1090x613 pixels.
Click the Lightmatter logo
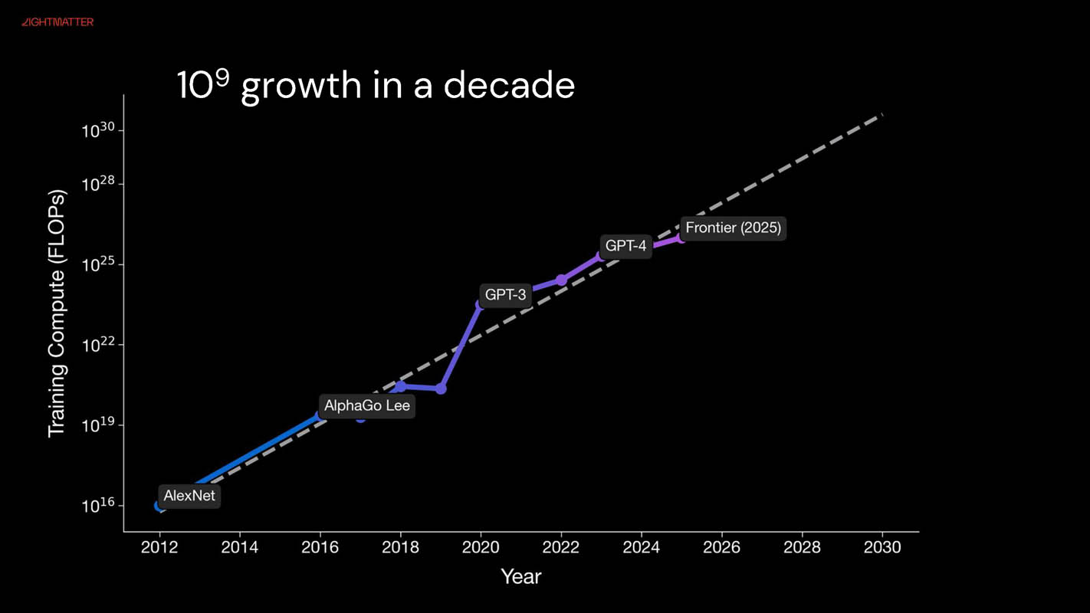[x=57, y=22]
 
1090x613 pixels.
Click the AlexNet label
[x=189, y=496]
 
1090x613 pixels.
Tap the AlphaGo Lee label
[x=367, y=405]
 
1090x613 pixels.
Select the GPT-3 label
[x=506, y=294]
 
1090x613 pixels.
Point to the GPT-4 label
[x=626, y=246]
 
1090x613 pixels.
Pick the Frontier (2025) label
[x=734, y=228]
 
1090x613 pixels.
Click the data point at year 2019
[x=441, y=388]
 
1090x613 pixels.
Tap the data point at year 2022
[x=561, y=280]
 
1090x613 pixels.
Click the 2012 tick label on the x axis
[x=159, y=547]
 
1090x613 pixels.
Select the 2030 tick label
[x=882, y=547]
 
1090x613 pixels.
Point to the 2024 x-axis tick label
[x=642, y=547]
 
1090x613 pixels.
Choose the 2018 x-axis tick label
[x=400, y=547]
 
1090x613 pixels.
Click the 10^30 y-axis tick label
[x=98, y=130]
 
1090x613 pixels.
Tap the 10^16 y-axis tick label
[x=98, y=506]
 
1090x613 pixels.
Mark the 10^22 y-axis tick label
[x=98, y=345]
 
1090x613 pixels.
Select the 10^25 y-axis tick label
[x=98, y=264]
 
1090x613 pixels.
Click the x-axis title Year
[x=521, y=576]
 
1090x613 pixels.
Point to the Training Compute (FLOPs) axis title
[x=57, y=313]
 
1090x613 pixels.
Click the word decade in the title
[x=509, y=85]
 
